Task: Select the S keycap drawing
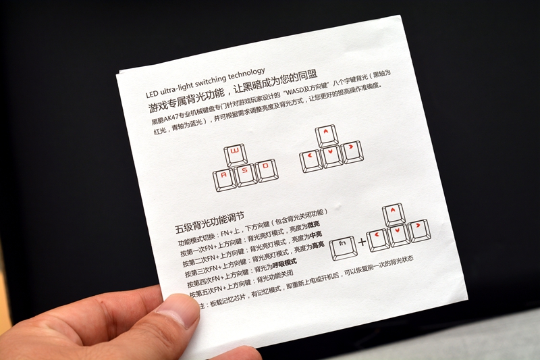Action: (x=245, y=173)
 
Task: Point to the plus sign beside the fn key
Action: (x=363, y=241)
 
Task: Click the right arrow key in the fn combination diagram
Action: (x=418, y=230)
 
